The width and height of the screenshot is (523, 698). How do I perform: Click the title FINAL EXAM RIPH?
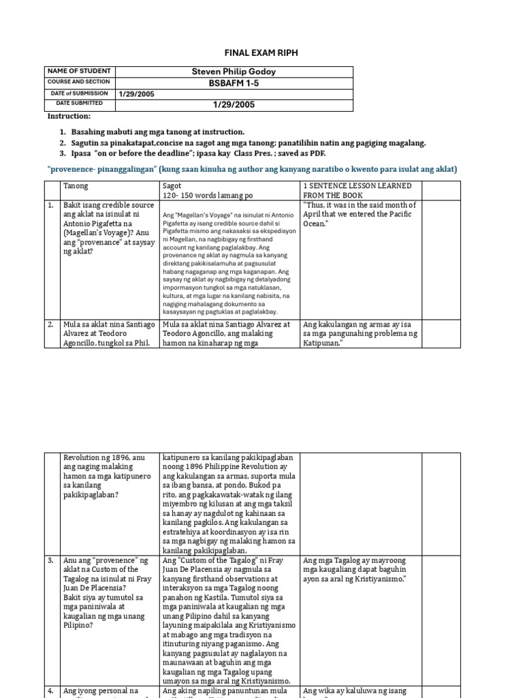pyautogui.click(x=261, y=52)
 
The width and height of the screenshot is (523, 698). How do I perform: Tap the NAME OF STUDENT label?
pyautogui.click(x=74, y=72)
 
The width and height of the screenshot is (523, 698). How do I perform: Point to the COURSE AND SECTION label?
pyautogui.click(x=78, y=82)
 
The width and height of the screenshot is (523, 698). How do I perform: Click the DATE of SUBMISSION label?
pyautogui.click(x=78, y=93)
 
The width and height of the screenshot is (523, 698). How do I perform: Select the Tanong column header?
pyautogui.click(x=76, y=186)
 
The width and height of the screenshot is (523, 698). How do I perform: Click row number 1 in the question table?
pyautogui.click(x=51, y=205)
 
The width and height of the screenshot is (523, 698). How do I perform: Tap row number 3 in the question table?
pyautogui.click(x=51, y=560)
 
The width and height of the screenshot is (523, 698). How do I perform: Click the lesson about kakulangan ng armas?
pyautogui.click(x=360, y=333)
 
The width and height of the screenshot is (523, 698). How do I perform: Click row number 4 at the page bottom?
pyautogui.click(x=51, y=691)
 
